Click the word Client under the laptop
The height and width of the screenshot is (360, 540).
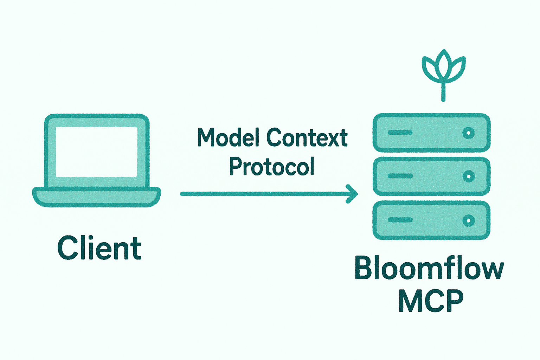tap(99, 248)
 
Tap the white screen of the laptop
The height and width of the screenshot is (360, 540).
tap(97, 152)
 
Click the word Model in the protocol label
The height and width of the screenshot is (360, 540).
tap(229, 137)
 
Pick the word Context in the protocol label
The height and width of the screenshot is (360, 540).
tap(307, 137)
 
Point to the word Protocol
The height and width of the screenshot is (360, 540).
tap(271, 166)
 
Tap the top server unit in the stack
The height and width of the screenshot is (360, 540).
tap(431, 133)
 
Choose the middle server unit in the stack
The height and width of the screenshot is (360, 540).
tap(431, 176)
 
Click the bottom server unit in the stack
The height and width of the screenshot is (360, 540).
tap(431, 220)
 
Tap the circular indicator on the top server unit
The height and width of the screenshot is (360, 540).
tap(468, 133)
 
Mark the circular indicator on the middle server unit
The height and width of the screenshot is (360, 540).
tap(468, 176)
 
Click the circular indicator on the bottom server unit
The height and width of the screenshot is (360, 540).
tap(468, 220)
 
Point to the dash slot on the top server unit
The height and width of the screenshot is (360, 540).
tap(400, 133)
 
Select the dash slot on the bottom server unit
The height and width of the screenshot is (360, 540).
tap(400, 220)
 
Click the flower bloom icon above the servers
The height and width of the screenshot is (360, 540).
tap(444, 67)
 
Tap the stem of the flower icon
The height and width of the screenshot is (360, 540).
tap(443, 92)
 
